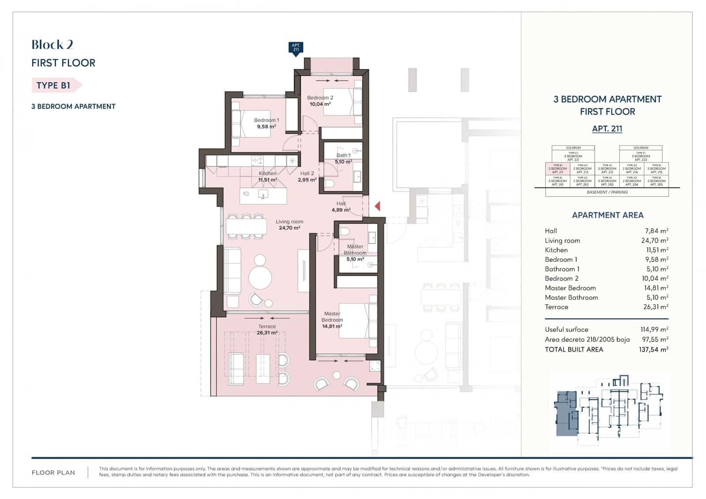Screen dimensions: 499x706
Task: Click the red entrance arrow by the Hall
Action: tap(377, 206)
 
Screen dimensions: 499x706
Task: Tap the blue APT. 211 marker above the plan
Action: tap(296, 48)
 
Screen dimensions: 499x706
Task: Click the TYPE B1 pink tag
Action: tap(54, 85)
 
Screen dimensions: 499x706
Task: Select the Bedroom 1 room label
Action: tap(266, 120)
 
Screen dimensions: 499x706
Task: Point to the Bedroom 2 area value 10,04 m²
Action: tap(320, 105)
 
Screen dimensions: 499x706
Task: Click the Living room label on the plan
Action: tap(289, 222)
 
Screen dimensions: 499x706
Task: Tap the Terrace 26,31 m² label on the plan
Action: tap(267, 330)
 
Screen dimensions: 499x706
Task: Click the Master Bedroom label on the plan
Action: tap(332, 317)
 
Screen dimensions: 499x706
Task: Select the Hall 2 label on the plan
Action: tap(307, 173)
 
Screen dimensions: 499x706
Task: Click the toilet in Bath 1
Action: tap(330, 183)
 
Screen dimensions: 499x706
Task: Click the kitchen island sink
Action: tap(263, 195)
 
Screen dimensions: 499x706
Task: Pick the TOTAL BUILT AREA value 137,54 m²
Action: tap(654, 349)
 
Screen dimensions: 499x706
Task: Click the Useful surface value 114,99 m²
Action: tap(654, 330)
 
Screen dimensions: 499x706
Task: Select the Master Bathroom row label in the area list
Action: tap(571, 297)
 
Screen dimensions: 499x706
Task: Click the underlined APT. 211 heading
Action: tap(607, 129)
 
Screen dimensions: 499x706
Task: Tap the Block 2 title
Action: tap(52, 45)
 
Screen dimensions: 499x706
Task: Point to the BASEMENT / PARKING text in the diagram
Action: tap(607, 192)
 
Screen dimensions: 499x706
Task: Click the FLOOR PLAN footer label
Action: tap(53, 473)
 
